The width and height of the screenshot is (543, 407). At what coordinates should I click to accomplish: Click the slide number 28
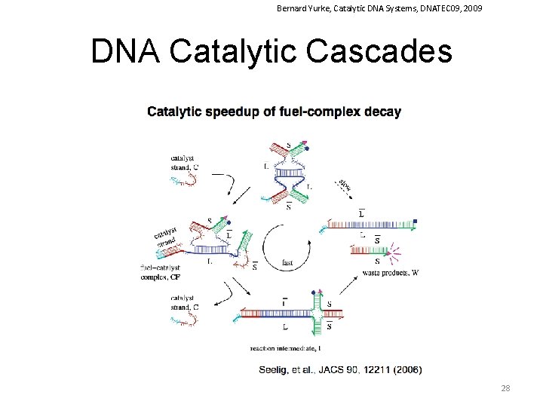[505, 388]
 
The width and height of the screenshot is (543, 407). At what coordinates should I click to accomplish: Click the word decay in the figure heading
[383, 112]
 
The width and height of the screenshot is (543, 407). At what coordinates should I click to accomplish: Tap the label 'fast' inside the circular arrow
[287, 263]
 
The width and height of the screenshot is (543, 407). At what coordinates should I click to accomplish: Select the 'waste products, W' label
[389, 273]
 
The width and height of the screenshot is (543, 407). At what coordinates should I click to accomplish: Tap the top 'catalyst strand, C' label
[185, 162]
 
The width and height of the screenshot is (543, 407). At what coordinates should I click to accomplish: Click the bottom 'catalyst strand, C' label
[185, 303]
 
